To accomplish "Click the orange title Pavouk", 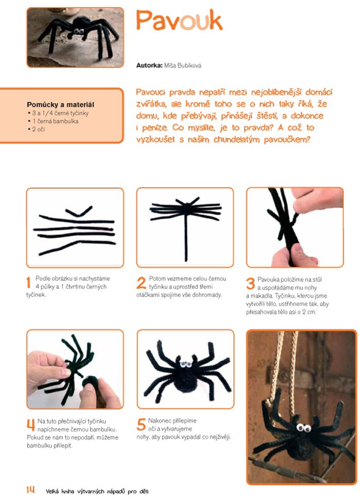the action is coord(179,21).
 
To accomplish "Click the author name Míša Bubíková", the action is coord(183,65).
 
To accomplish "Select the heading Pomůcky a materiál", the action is coord(60,104).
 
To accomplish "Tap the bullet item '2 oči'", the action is coord(38,129).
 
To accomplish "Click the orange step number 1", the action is coord(29,282).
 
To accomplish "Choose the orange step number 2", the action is coord(141,282).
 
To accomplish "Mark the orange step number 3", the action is coord(250,283).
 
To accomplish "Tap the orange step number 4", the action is coord(31,425).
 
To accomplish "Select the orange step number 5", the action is coord(141,424).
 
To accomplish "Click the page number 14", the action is coord(30,490).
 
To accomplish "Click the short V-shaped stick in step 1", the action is coord(79,211).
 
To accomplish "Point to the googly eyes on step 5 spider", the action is coord(185,364).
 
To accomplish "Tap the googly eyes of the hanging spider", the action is coord(304,427).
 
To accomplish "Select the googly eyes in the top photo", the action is coord(79,31).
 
